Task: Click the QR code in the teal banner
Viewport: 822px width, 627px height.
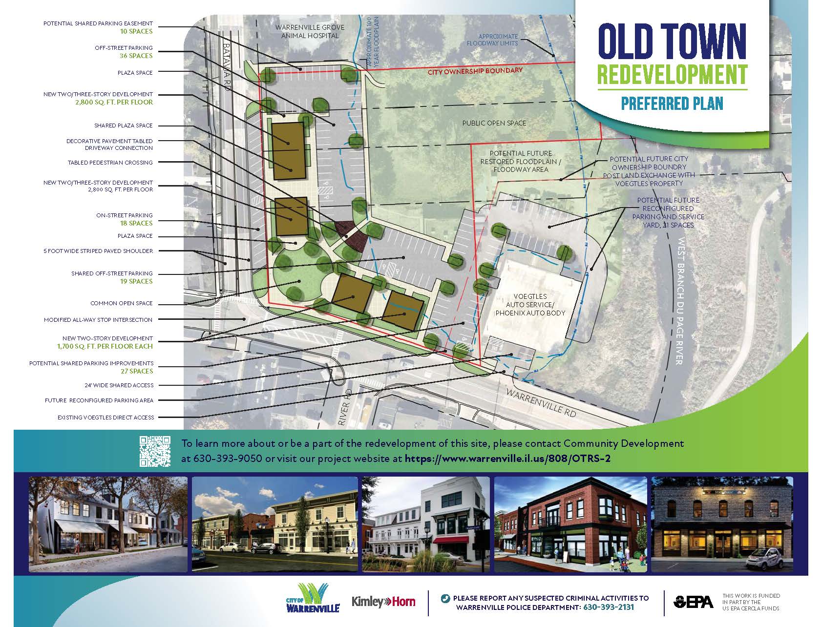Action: pyautogui.click(x=155, y=451)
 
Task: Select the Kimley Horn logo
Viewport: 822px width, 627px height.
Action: pyautogui.click(x=383, y=602)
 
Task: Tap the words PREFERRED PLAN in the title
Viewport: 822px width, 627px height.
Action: pyautogui.click(x=672, y=104)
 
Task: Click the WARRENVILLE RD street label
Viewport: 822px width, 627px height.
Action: pyautogui.click(x=541, y=403)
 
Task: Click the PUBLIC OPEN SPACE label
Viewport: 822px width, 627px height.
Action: pyautogui.click(x=494, y=123)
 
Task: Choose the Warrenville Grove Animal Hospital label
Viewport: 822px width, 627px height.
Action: pyautogui.click(x=306, y=31)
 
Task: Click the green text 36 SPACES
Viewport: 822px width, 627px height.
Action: pyautogui.click(x=136, y=56)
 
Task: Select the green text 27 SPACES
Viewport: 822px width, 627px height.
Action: pyautogui.click(x=136, y=371)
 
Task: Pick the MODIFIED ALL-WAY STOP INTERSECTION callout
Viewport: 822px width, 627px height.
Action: pyautogui.click(x=98, y=320)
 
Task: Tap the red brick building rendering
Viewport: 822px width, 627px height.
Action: pyautogui.click(x=570, y=524)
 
